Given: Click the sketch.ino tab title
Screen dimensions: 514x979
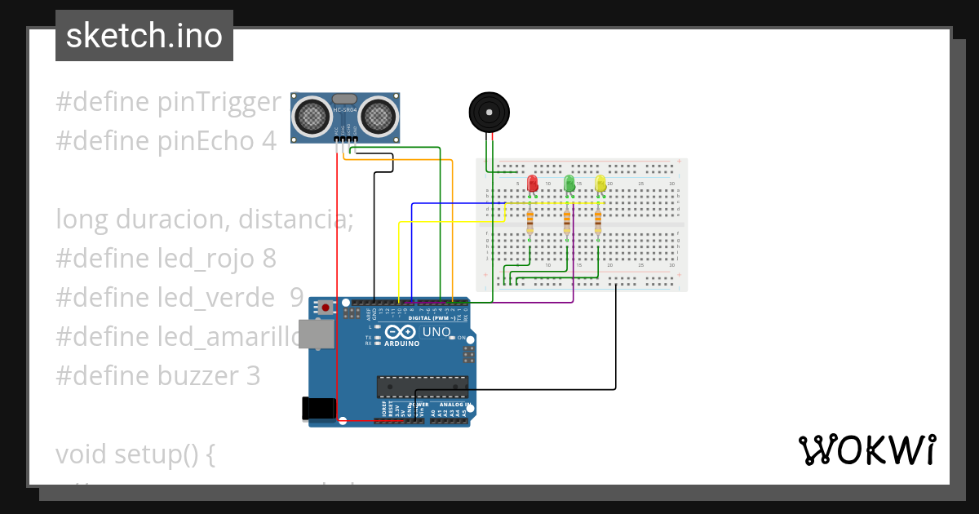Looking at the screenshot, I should pyautogui.click(x=144, y=36).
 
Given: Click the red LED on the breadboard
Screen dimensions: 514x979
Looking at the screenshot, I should pyautogui.click(x=533, y=184).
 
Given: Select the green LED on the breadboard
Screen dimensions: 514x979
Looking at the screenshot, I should pyautogui.click(x=569, y=184).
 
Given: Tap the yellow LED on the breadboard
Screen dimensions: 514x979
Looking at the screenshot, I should pyautogui.click(x=600, y=184).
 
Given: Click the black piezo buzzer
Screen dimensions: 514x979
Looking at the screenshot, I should pyautogui.click(x=489, y=112).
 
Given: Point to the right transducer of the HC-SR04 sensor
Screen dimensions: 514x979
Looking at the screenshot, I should pyautogui.click(x=378, y=114).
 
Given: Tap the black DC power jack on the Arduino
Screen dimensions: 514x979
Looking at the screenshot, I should pyautogui.click(x=318, y=408).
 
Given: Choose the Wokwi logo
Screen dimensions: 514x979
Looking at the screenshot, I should pyautogui.click(x=866, y=450).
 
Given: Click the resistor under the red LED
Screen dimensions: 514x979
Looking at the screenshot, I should pyautogui.click(x=530, y=219).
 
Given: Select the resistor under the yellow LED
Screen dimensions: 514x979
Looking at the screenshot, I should pyautogui.click(x=598, y=219).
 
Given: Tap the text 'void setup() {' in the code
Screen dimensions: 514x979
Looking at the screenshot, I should pyautogui.click(x=135, y=454).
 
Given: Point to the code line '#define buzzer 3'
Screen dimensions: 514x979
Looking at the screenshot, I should pyautogui.click(x=158, y=376).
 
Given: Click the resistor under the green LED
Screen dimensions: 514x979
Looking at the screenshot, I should pyautogui.click(x=567, y=219).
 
